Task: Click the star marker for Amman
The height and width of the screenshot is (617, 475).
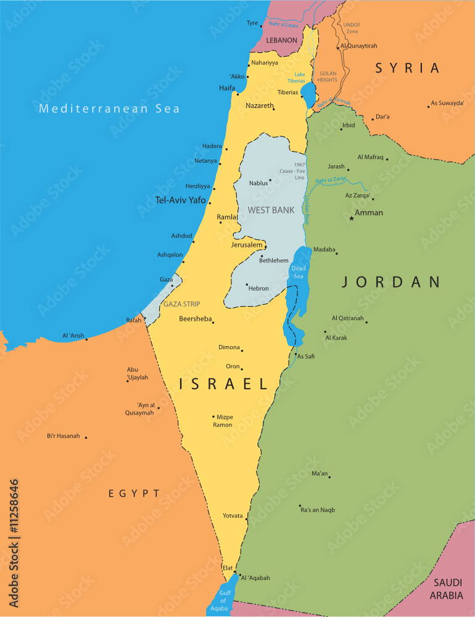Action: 352,218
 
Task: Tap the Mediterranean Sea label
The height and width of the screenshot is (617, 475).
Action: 109,109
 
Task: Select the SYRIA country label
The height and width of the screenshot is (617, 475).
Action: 408,68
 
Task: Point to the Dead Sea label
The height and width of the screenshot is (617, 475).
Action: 299,272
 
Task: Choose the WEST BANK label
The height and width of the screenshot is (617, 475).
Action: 271,210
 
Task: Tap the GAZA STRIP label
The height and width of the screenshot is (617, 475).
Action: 181,304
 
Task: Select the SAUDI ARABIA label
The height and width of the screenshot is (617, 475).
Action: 447,589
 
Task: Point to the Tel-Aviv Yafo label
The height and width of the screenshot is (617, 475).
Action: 181,200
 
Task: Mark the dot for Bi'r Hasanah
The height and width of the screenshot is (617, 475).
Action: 86,437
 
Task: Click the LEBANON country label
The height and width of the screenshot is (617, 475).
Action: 282,40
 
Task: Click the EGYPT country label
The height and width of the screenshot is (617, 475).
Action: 134,494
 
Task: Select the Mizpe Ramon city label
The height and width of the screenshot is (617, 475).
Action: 223,421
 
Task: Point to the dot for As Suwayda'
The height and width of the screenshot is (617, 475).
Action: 428,106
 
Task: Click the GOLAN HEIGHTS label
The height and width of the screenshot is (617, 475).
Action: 327,77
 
